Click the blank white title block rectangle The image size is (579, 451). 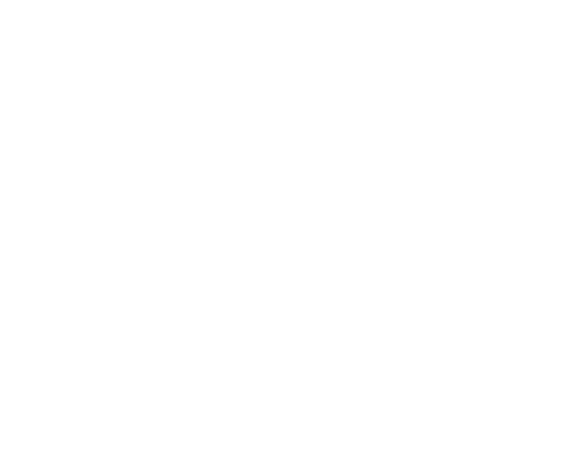tap(459, 402)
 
